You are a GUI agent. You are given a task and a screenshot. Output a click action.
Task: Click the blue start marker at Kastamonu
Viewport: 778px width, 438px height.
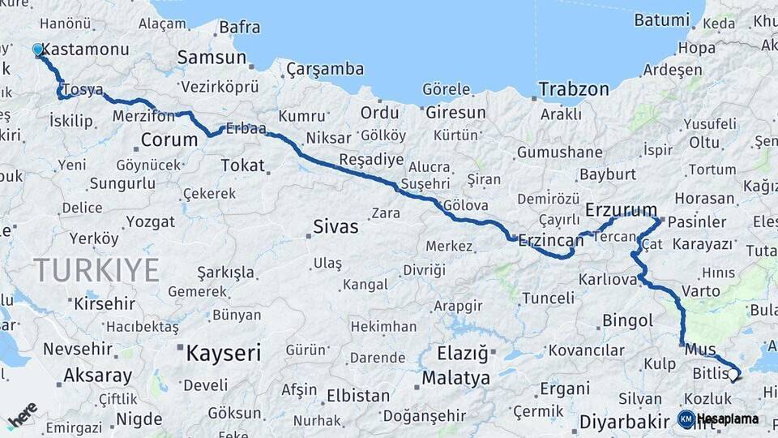37,49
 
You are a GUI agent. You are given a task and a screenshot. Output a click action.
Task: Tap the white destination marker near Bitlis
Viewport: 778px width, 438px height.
733,375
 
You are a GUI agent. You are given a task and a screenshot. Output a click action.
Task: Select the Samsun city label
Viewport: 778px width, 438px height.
212,58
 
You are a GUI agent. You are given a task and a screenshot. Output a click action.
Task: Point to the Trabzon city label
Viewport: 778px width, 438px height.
574,89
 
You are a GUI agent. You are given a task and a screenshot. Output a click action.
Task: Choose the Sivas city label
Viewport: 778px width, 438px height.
336,227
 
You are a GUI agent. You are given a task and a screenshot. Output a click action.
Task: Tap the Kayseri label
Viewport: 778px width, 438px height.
224,353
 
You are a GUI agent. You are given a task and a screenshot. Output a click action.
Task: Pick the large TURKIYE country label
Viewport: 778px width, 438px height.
96,270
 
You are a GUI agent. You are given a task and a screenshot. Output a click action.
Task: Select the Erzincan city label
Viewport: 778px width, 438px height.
551,240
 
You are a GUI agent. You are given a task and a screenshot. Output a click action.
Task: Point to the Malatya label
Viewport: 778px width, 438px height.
456,378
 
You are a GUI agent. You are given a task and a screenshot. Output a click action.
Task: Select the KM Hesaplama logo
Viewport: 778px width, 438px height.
719,419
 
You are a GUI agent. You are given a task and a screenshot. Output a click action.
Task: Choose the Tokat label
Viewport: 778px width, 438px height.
243,165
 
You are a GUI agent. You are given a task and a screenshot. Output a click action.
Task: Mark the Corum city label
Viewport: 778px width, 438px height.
169,140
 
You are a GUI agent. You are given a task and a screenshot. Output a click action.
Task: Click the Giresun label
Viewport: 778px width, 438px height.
455,113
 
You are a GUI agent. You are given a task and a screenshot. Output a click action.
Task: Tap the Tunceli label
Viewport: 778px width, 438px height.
548,298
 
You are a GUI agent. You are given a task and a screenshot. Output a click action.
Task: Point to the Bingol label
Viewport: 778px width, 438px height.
627,321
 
